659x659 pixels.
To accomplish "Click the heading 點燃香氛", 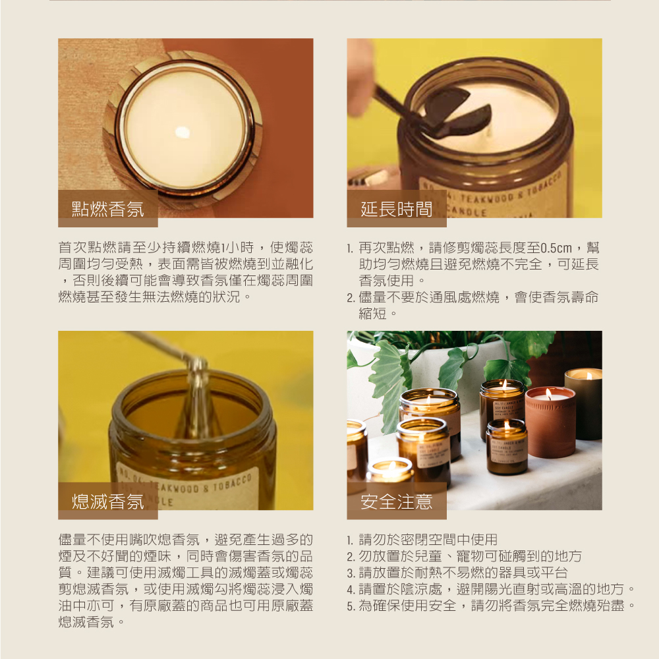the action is pos(107,209).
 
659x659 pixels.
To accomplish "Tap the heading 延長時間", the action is pos(396,209).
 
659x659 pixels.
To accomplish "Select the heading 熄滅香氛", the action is pos(107,501).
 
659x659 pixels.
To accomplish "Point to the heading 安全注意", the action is pos(396,501).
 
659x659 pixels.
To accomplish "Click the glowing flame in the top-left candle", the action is pos(183,132).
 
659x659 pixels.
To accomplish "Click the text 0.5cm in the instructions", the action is pos(556,248).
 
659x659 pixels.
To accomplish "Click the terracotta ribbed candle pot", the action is pos(550,422).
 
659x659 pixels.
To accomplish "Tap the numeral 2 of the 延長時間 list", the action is pos(351,298).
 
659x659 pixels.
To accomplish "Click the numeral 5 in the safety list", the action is pos(351,606).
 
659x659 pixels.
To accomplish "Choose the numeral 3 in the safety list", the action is pos(351,573).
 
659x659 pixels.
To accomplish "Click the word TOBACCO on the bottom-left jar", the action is pos(232,483).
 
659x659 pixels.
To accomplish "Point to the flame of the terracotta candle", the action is pos(548,394).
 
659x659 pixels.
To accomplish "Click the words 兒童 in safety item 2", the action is pos(428,556).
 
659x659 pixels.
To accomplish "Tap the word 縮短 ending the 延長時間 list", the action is pos(372,314).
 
